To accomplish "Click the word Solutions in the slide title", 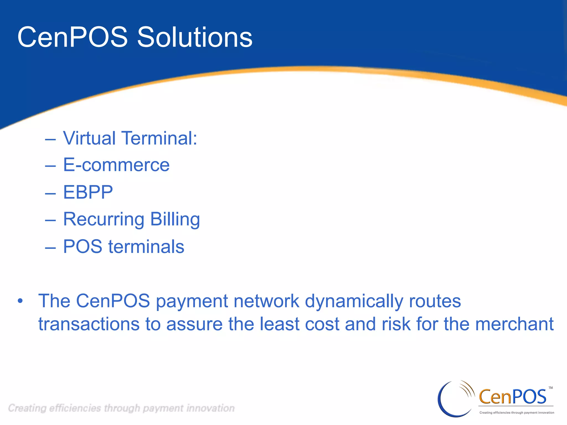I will (x=195, y=37).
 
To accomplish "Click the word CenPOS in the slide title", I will (x=73, y=37).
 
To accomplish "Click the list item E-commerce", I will (x=116, y=165).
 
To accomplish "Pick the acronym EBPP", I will (x=88, y=192).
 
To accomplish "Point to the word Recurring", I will (x=104, y=219).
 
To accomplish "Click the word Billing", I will (x=175, y=219).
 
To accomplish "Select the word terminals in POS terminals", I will (x=146, y=247).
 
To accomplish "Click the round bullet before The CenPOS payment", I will (x=20, y=301).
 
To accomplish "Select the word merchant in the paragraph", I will (x=514, y=324).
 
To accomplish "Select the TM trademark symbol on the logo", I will (x=551, y=388).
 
